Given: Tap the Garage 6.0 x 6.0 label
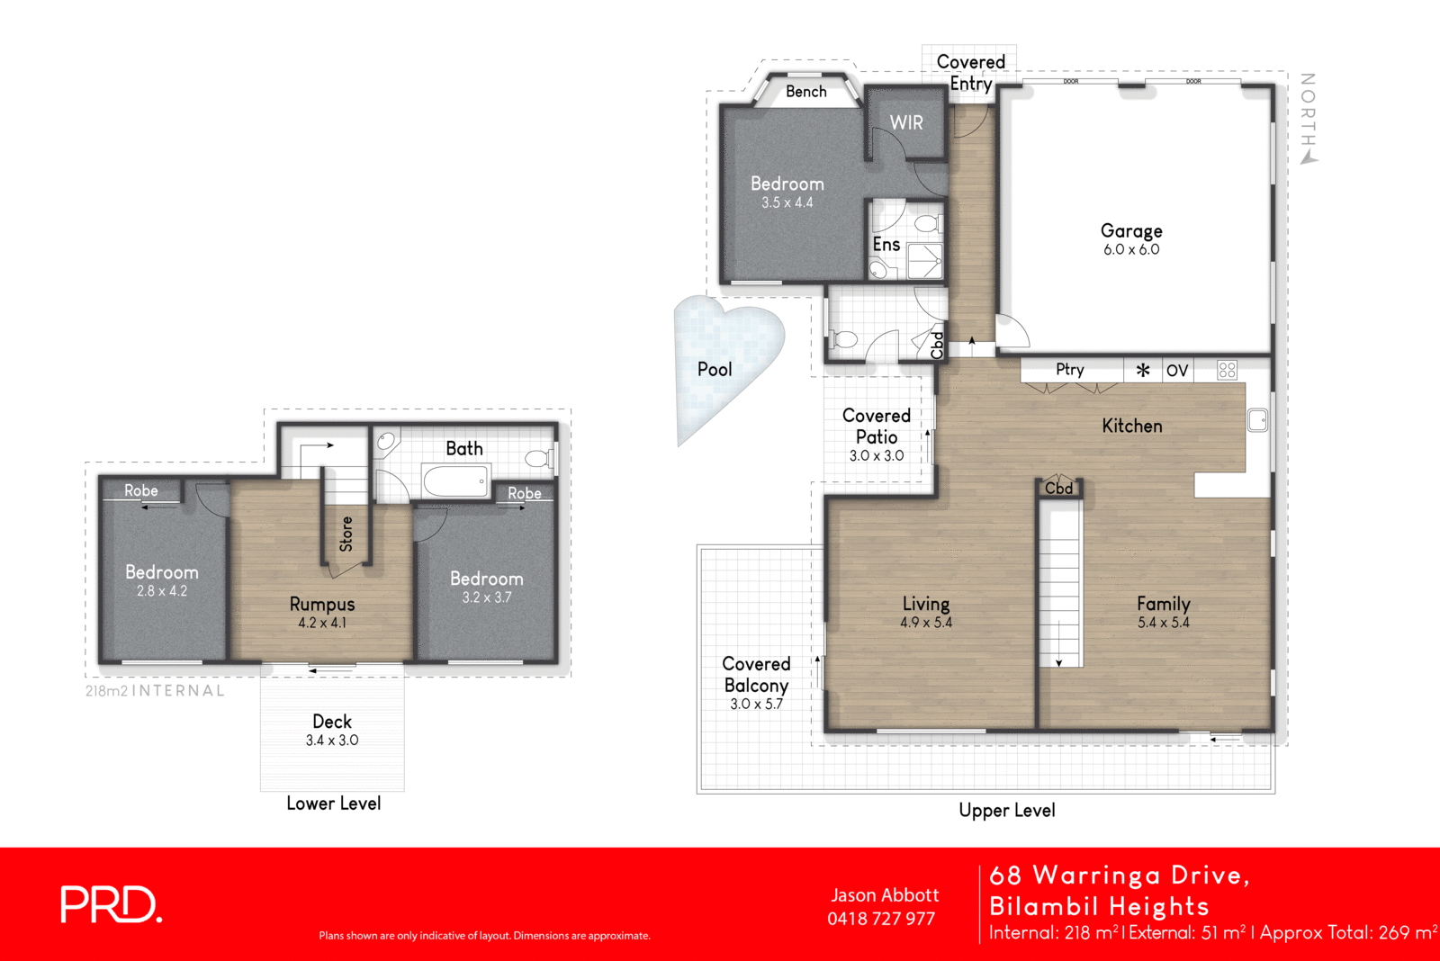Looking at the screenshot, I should coord(1131,238).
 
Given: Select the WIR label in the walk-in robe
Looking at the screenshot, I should coord(906,123).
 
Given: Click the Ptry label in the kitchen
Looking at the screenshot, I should coord(1070,370).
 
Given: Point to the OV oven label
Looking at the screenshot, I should coord(1177,371).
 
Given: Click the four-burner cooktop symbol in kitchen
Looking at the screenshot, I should coord(1227,370).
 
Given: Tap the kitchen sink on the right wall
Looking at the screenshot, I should coord(1257,420).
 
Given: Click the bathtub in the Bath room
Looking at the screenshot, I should coord(456,480).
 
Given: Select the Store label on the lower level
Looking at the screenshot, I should coord(346,534).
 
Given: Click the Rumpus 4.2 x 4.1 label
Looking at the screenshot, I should coord(322,612).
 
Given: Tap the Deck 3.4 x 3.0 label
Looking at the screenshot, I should coord(332,730).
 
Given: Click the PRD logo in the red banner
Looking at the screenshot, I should coord(111,904).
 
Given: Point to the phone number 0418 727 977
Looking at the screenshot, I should coord(881,919).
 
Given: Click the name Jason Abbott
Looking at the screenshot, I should coord(885,895).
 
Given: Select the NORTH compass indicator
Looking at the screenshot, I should coord(1309,117).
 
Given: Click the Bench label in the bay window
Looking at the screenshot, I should coord(805,92).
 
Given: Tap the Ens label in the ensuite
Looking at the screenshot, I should coord(886,245).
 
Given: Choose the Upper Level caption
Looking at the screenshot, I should coord(1006,810).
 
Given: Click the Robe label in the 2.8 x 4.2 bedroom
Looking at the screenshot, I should coord(141,490).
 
